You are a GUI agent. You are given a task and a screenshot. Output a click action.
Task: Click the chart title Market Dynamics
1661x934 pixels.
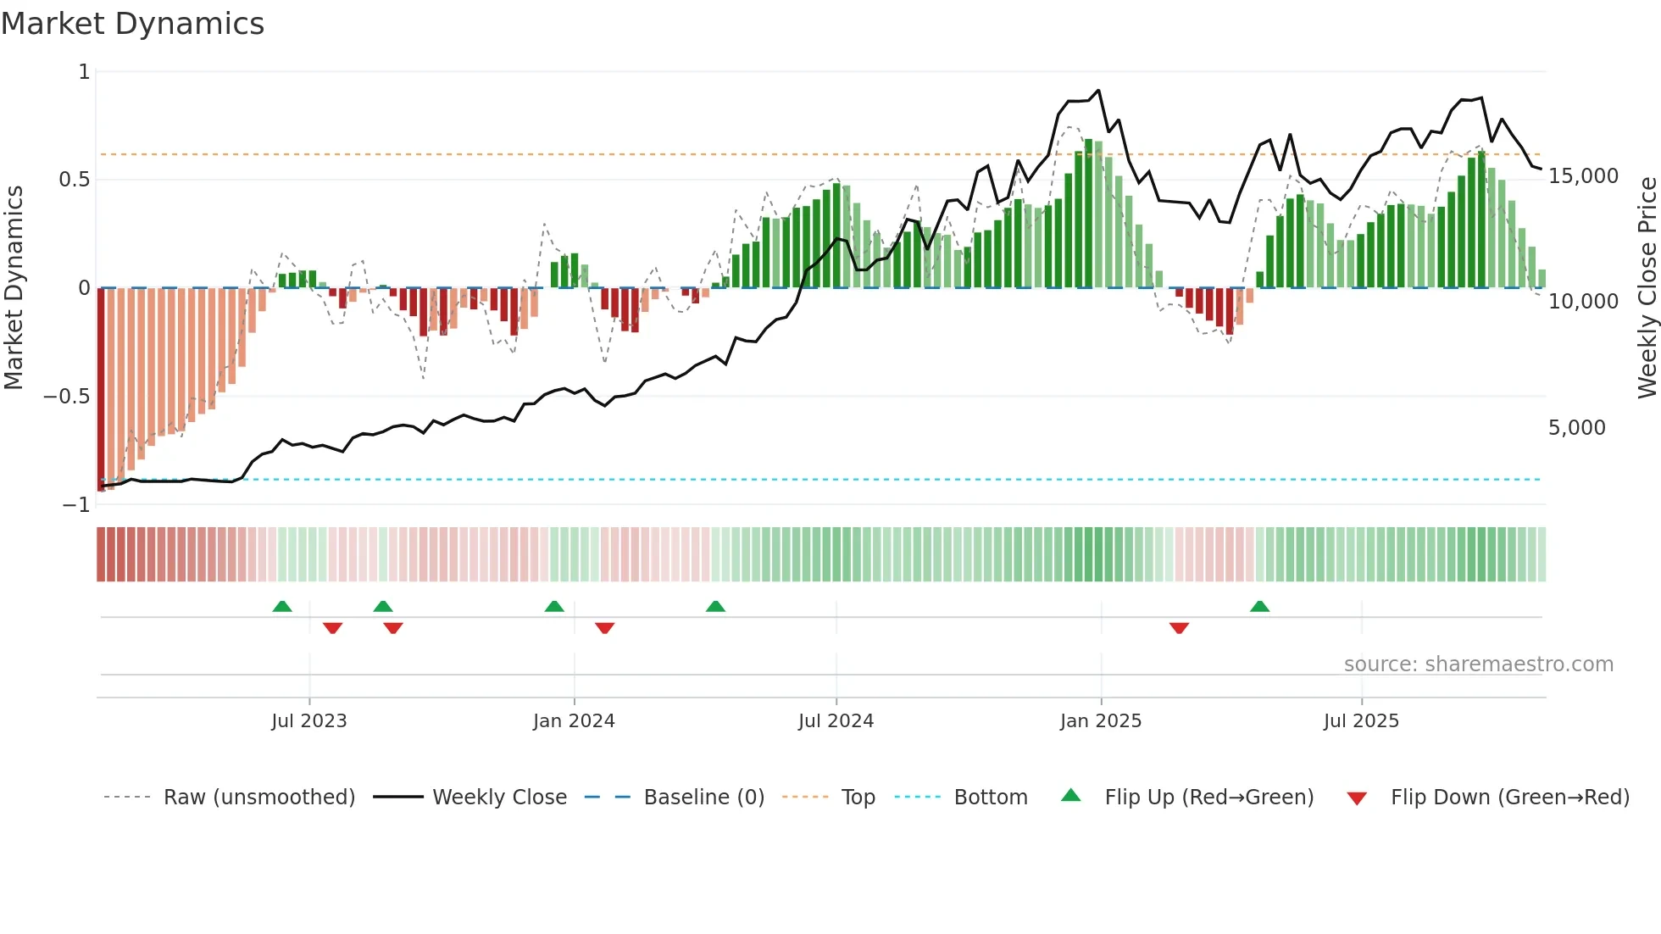tap(132, 24)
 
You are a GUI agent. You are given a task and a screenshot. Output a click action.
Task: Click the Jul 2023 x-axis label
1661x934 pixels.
tap(308, 721)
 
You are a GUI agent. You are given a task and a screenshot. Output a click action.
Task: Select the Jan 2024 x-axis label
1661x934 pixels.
tap(574, 721)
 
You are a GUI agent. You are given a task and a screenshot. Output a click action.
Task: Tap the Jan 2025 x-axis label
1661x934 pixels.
tap(1100, 721)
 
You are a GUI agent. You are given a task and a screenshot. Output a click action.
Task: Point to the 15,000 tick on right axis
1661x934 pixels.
tap(1583, 176)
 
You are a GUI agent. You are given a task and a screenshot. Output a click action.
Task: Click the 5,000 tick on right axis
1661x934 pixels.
tap(1576, 428)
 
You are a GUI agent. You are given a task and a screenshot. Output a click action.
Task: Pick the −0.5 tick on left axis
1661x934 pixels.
tap(66, 397)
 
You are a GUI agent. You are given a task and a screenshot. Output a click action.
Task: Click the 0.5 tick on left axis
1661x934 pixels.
tap(74, 180)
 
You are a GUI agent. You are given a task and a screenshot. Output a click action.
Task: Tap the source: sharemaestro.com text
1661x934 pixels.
tap(1478, 664)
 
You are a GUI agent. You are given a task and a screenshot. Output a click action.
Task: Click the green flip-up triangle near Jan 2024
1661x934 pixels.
tap(554, 606)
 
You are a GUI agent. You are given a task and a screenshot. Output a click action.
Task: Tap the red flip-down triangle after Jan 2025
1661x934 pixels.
tap(1179, 628)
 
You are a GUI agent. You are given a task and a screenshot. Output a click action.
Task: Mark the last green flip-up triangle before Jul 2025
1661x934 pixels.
tap(1259, 606)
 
